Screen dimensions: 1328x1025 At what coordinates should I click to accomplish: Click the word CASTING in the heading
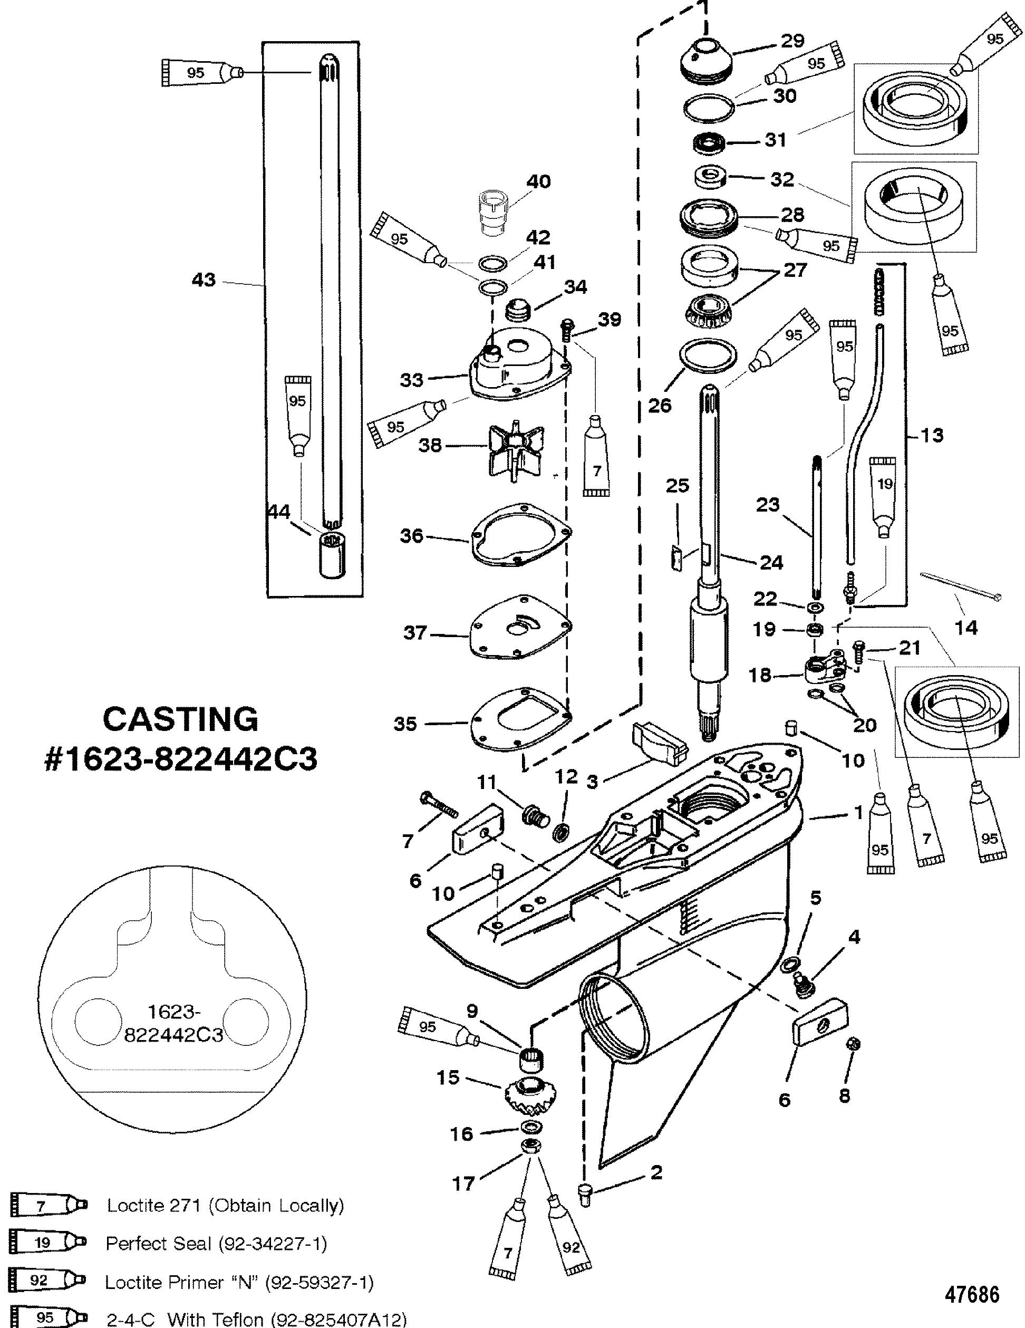pyautogui.click(x=180, y=719)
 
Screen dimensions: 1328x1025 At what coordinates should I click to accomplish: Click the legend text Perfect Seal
pyautogui.click(x=158, y=1244)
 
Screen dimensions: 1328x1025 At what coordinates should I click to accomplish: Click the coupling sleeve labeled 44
pyautogui.click(x=331, y=553)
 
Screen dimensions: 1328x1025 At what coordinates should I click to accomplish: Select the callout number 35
pyautogui.click(x=405, y=724)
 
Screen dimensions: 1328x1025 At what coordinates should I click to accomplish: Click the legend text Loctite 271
pyautogui.click(x=156, y=1206)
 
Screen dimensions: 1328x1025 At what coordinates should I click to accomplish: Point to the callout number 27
pyautogui.click(x=795, y=270)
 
